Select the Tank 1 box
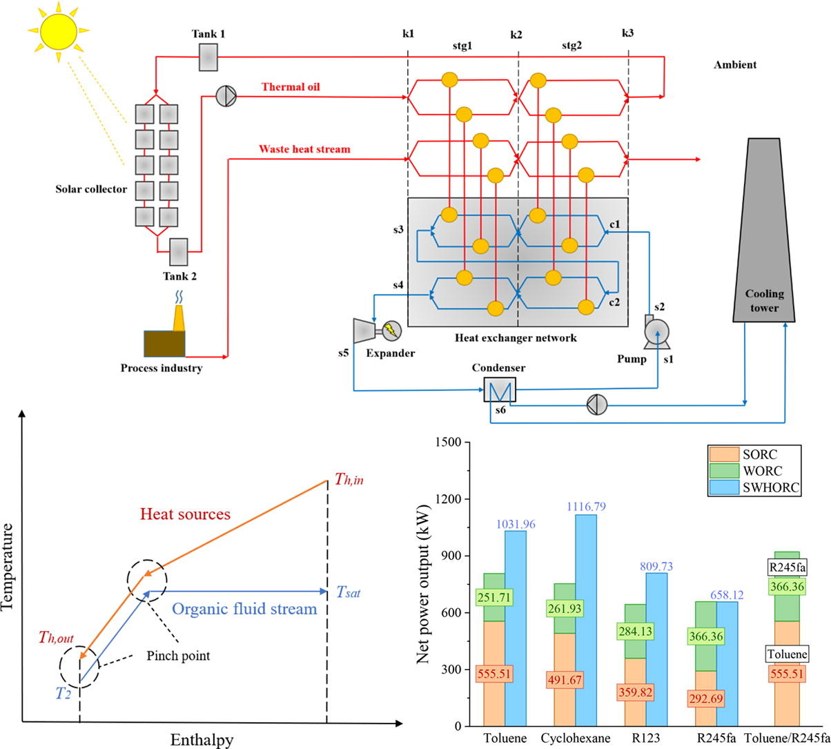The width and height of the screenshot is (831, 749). tap(208, 57)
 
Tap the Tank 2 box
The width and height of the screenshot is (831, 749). tap(179, 252)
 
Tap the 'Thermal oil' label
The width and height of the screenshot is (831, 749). tap(291, 87)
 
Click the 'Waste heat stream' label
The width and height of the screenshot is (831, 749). tap(304, 148)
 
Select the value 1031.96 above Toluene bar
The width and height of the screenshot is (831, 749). tap(516, 525)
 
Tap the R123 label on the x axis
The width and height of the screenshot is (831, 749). tap(645, 738)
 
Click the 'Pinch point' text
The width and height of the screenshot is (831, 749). tap(179, 655)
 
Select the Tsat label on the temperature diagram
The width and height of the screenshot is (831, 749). tap(349, 592)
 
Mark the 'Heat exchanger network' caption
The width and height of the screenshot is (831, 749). tap(516, 338)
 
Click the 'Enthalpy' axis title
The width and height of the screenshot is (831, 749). tap(202, 740)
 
